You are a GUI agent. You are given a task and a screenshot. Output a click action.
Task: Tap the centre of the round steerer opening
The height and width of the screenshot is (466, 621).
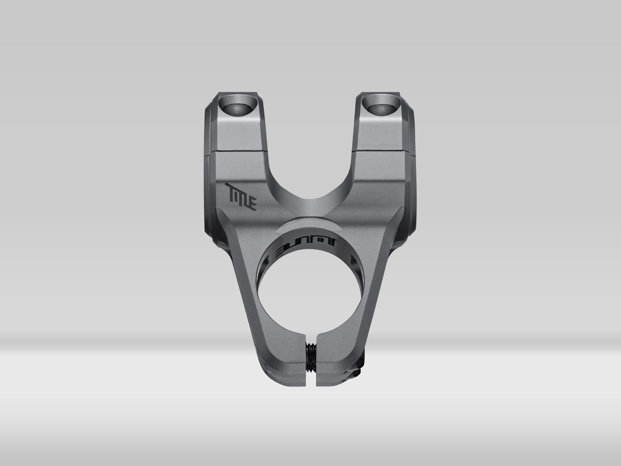(x=311, y=292)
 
